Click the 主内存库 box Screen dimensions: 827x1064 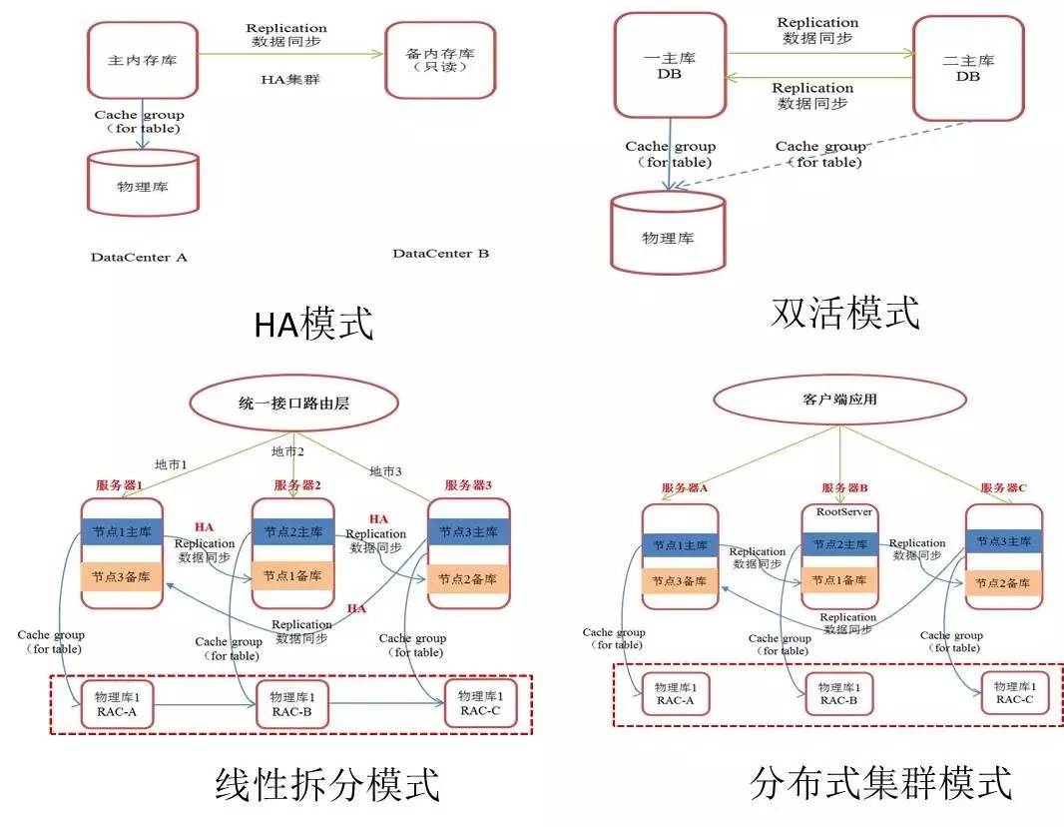[x=142, y=59]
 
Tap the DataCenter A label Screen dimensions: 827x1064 [x=139, y=258]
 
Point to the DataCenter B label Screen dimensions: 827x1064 [x=440, y=254]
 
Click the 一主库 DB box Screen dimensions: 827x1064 [x=670, y=65]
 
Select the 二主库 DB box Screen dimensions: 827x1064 [x=968, y=68]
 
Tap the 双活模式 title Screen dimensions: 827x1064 [x=844, y=314]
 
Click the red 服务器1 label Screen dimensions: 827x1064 [x=120, y=485]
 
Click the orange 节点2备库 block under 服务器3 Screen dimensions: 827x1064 [x=468, y=577]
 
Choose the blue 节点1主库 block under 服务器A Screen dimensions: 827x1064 [x=680, y=546]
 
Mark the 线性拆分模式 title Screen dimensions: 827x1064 [x=327, y=784]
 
